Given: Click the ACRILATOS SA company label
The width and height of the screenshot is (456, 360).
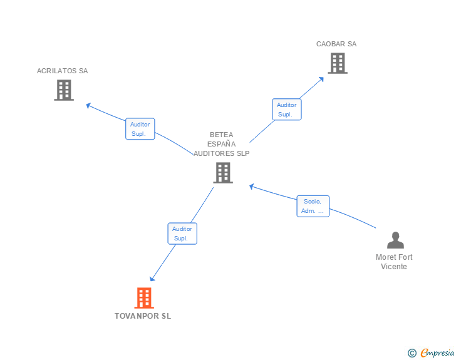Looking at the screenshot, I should click(x=62, y=71).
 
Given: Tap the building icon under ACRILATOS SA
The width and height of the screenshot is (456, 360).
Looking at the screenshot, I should click(x=64, y=90).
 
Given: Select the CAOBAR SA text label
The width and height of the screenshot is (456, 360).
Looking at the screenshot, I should click(x=336, y=44).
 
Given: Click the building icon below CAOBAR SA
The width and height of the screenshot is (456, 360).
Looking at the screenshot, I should click(x=338, y=63).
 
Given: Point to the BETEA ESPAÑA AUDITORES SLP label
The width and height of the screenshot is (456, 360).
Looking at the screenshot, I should click(x=221, y=144).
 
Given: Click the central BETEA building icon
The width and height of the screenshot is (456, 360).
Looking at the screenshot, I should click(x=223, y=173).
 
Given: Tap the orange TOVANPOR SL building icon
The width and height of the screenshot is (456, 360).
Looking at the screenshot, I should click(x=144, y=298).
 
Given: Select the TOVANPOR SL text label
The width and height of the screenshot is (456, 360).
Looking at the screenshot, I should click(x=143, y=316).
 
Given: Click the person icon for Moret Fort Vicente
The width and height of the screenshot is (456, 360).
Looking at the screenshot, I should click(x=395, y=240).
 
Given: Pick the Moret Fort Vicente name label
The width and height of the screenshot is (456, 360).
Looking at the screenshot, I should click(x=394, y=262).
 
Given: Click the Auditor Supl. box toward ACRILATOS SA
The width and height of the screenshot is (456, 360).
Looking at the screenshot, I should click(x=140, y=129).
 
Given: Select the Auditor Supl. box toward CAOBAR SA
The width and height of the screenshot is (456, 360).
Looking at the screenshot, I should click(x=286, y=110).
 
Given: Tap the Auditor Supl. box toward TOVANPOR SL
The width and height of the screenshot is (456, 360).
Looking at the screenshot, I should click(x=182, y=234).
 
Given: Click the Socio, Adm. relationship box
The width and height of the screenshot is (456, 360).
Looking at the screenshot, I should click(x=313, y=206).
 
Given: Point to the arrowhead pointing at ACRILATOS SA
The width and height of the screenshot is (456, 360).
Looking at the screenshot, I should click(x=89, y=105).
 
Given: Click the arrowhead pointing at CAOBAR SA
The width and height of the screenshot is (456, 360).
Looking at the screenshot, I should click(x=321, y=79).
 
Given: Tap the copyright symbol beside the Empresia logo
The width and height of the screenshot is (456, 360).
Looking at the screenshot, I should click(x=412, y=354).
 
